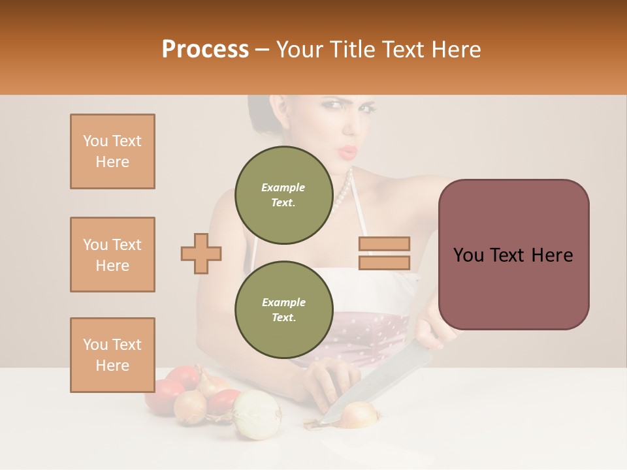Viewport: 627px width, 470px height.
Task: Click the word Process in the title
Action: tap(205, 50)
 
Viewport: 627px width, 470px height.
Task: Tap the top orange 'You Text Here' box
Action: tap(112, 151)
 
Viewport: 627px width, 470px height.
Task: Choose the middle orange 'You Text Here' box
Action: tap(112, 255)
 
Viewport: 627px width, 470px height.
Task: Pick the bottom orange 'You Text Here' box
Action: tap(112, 355)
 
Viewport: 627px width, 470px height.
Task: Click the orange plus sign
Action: tap(201, 253)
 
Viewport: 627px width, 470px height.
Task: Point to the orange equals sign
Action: tap(384, 253)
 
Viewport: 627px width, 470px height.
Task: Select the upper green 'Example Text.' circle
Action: tap(283, 195)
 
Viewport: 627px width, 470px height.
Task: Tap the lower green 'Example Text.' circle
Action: tap(283, 309)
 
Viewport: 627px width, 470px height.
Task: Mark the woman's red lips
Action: tap(349, 152)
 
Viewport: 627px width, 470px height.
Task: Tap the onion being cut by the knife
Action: tap(359, 414)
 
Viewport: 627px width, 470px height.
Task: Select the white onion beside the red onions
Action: tap(257, 415)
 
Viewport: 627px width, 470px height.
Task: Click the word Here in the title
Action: tap(453, 50)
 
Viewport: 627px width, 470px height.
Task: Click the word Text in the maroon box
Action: tap(510, 255)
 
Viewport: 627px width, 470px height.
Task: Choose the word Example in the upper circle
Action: tap(283, 187)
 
